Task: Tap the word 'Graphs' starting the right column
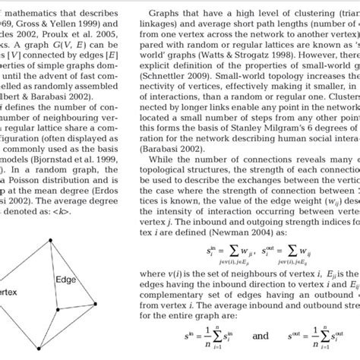(166, 14)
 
